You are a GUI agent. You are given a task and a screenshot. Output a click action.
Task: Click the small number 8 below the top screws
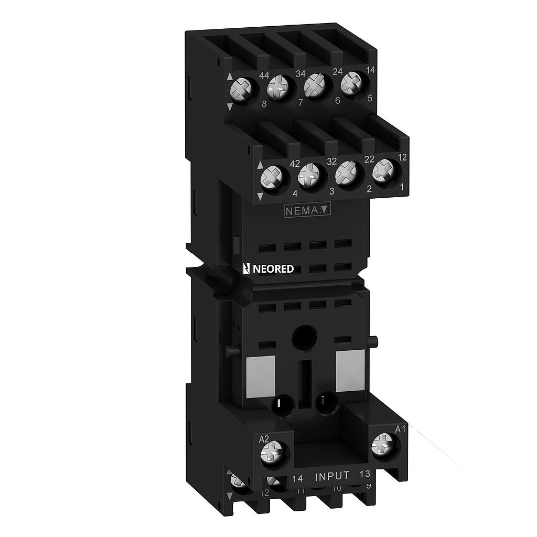[x=264, y=104]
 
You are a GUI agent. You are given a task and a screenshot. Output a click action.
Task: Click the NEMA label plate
[x=307, y=211]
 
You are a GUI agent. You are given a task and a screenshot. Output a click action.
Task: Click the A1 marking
[x=400, y=429]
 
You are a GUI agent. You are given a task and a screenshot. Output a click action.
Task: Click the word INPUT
[x=331, y=476]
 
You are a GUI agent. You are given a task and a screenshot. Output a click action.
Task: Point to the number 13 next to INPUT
[x=365, y=475]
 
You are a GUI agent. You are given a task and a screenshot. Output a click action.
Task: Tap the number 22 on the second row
[x=369, y=159]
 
